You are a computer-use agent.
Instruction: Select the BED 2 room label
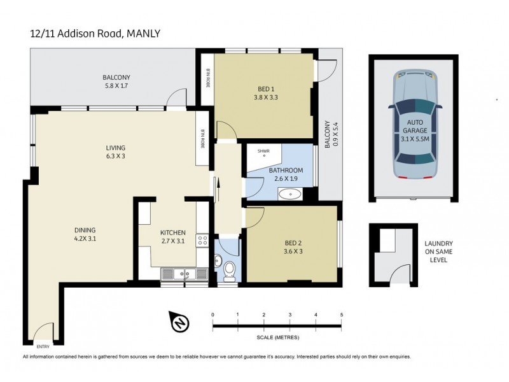click(292, 247)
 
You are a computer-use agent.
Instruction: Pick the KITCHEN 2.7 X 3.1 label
click(172, 237)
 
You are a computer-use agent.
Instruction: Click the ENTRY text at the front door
click(43, 346)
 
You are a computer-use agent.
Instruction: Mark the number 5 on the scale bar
click(342, 315)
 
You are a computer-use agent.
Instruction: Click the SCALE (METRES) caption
click(277, 337)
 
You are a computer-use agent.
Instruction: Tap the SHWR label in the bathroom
click(263, 151)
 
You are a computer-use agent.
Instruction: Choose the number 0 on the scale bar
click(213, 315)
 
